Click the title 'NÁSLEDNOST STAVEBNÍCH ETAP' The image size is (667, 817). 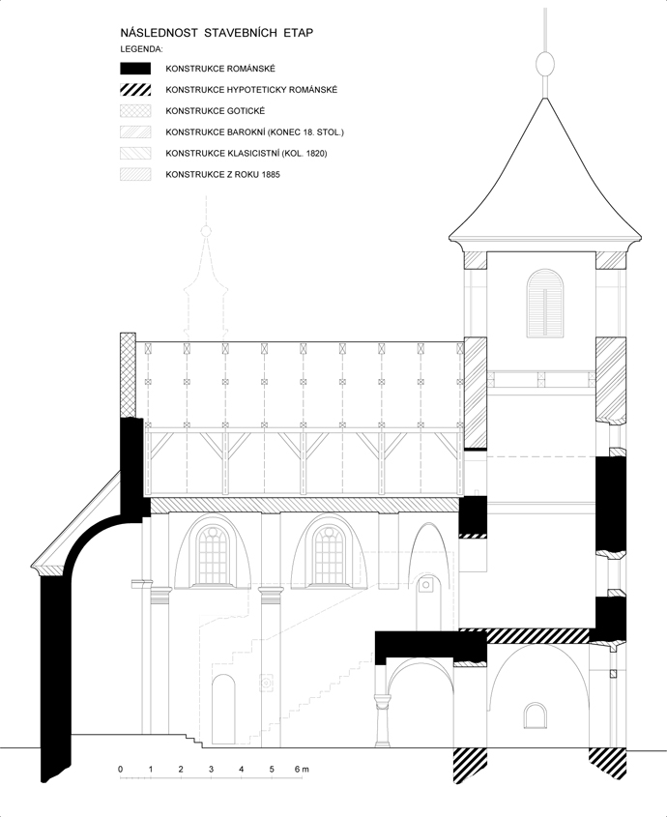pyautogui.click(x=217, y=33)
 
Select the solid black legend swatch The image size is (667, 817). pyautogui.click(x=135, y=69)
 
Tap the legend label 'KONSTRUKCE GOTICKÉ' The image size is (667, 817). pyautogui.click(x=216, y=111)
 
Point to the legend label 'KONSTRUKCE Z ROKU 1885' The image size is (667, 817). pyautogui.click(x=222, y=175)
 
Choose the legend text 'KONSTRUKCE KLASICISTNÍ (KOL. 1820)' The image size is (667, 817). pyautogui.click(x=246, y=153)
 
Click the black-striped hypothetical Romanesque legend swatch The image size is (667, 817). pyautogui.click(x=135, y=90)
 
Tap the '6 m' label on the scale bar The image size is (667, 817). pyautogui.click(x=302, y=769)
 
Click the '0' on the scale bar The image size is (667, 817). pyautogui.click(x=121, y=769)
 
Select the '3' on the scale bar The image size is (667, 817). pyautogui.click(x=211, y=769)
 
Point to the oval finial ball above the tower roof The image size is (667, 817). pyautogui.click(x=544, y=64)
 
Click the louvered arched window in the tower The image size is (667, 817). pyautogui.click(x=545, y=304)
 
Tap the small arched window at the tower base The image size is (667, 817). pyautogui.click(x=536, y=715)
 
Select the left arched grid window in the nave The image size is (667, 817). pyautogui.click(x=213, y=555)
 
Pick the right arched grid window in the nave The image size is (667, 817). pyautogui.click(x=330, y=555)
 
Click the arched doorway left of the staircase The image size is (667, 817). pyautogui.click(x=223, y=709)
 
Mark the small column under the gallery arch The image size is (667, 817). pyautogui.click(x=383, y=719)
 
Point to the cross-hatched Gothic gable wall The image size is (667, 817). pyautogui.click(x=128, y=375)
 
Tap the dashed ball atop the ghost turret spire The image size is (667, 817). pyautogui.click(x=206, y=230)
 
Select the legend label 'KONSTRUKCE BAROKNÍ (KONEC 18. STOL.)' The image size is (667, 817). pyautogui.click(x=255, y=132)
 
